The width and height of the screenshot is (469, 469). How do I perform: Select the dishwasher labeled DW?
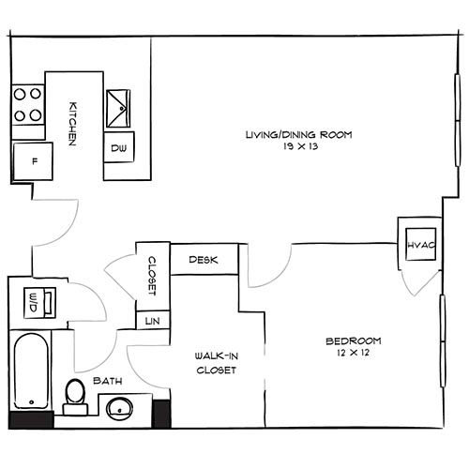point(119,148)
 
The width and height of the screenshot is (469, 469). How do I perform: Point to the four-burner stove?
point(30,105)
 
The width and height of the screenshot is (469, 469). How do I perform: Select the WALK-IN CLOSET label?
point(215,363)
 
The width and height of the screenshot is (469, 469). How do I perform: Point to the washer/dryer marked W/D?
point(33,302)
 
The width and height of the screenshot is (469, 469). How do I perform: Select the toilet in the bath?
point(74,394)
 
